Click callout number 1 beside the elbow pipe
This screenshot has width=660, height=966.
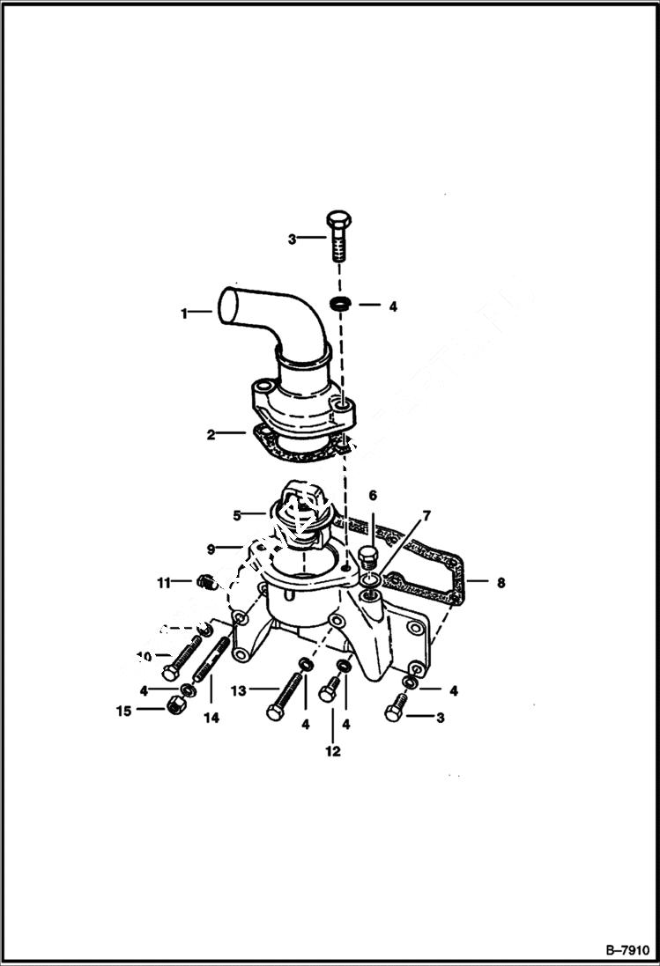coord(184,313)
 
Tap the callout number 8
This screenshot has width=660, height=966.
coord(501,582)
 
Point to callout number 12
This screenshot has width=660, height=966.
coord(333,752)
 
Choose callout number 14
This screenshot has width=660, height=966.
coord(211,718)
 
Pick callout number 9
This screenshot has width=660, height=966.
coord(211,549)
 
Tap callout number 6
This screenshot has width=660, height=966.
coord(372,496)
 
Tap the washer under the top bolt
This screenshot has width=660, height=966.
coord(339,305)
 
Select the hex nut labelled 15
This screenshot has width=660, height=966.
coord(175,705)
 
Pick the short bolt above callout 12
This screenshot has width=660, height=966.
coord(330,689)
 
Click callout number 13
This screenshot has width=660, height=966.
coord(238,690)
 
